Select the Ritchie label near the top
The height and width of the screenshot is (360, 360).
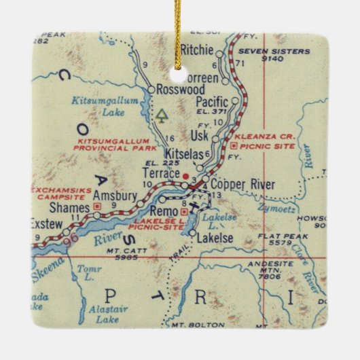[198, 50]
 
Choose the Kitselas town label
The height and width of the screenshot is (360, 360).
[179, 156]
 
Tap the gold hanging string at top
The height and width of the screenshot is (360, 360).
[180, 20]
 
